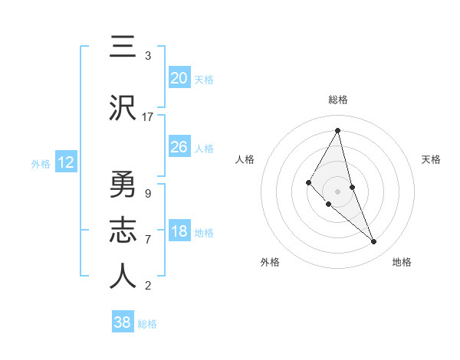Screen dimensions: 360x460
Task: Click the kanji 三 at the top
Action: coord(123,48)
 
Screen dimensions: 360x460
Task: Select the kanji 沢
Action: coord(123,109)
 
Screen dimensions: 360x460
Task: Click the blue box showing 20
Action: coord(179,78)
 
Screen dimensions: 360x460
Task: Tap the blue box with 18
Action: coord(179,232)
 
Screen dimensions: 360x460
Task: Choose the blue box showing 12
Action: coord(65,162)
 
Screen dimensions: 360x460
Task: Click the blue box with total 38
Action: coord(123,322)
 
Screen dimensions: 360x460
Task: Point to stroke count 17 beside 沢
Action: coord(148,117)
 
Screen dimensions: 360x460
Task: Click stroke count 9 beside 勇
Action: coord(147,193)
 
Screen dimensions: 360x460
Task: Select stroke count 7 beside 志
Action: coord(147,239)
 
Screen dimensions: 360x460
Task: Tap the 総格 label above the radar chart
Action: coord(338,100)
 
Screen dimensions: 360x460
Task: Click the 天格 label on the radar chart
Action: coord(431,159)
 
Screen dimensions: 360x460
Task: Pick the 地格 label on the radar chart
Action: coord(402,262)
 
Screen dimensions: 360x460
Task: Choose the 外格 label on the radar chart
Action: coord(270,262)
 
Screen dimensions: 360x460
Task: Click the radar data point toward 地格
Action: coord(374,242)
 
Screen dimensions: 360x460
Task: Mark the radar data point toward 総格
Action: coord(338,130)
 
